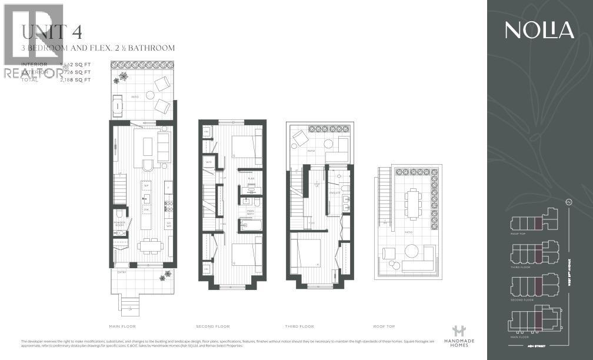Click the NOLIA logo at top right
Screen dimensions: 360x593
[x=539, y=30]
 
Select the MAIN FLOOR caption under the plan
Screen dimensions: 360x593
[x=123, y=326]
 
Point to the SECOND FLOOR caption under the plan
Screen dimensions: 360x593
[x=213, y=326]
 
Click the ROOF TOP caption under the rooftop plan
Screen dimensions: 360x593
[x=384, y=326]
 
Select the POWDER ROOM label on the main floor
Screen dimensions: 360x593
[x=121, y=224]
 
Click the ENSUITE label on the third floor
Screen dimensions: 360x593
[x=335, y=193]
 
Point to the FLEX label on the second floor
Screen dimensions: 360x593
[x=251, y=178]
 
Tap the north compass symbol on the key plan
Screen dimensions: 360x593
[x=568, y=202]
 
